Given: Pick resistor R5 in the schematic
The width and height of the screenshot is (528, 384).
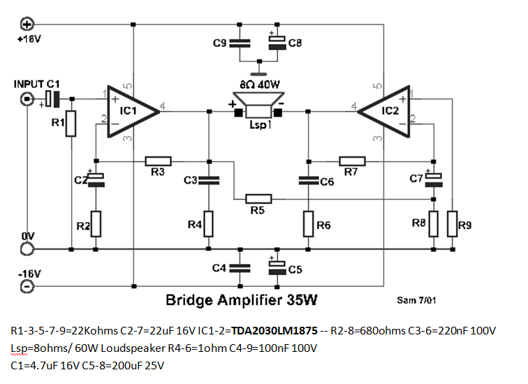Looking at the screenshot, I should pos(258,198).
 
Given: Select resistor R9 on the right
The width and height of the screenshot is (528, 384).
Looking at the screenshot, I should pos(453,223).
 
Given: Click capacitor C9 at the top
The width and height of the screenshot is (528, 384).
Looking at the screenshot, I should pos(240,43).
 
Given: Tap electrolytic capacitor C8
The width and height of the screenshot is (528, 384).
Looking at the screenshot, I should pos(277,43).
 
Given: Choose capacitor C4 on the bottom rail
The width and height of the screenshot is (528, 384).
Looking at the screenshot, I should pos(240,267).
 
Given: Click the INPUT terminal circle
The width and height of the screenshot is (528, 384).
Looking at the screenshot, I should pos(26,99).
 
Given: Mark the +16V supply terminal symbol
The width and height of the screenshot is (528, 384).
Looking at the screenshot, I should pos(27,24).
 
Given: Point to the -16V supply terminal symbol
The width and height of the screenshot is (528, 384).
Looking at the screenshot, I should pos(26,286).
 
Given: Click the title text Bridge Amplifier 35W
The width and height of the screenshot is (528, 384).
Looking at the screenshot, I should pos(241,301).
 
